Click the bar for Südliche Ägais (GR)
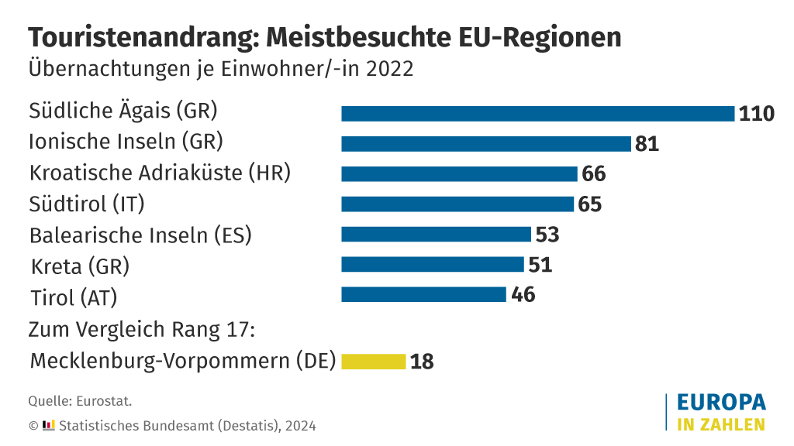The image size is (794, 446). [537, 114]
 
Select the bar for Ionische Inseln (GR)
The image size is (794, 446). [486, 144]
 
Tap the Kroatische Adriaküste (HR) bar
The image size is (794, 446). [459, 173]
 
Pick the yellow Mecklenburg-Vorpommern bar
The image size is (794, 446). [374, 362]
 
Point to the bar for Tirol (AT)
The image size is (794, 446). [423, 294]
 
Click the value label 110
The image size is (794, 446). [757, 114]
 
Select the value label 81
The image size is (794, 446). [647, 144]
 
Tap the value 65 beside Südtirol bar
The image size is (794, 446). [590, 204]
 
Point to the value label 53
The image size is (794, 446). [547, 235]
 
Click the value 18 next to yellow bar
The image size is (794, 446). [422, 362]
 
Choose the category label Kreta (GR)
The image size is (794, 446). [80, 266]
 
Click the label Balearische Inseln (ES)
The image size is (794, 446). [140, 235]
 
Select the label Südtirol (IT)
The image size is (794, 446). [87, 204]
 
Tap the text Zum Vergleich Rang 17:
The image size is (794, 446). [142, 329]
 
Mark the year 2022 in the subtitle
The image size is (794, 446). [390, 68]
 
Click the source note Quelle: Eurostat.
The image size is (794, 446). [80, 401]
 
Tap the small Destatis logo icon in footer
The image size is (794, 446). [48, 425]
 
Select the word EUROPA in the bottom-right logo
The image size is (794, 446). [721, 403]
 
